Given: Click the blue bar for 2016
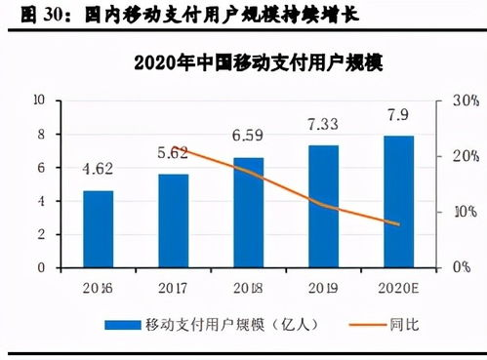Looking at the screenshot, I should pyautogui.click(x=98, y=228).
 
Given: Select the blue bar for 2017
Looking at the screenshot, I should pyautogui.click(x=173, y=220).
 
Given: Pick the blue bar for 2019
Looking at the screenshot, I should pyautogui.click(x=323, y=205).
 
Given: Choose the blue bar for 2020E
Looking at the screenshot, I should pyautogui.click(x=398, y=200).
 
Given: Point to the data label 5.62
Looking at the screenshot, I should pyautogui.click(x=173, y=152).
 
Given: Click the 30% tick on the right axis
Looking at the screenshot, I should pyautogui.click(x=463, y=100).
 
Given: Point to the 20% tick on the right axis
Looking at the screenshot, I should pyautogui.click(x=463, y=156).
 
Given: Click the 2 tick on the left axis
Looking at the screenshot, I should pyautogui.click(x=42, y=234).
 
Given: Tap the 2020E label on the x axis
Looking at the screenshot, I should pyautogui.click(x=398, y=288).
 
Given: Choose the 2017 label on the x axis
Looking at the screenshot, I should pyautogui.click(x=173, y=288).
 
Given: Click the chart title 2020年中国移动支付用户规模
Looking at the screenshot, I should pyautogui.click(x=244, y=64).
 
